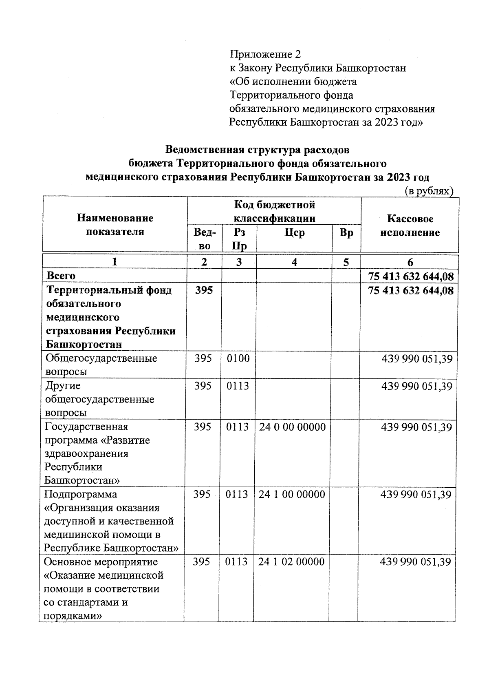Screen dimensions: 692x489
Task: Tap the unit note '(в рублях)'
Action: (429, 191)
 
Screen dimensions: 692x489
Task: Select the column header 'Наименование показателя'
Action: (115, 225)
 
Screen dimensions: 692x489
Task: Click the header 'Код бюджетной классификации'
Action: (274, 211)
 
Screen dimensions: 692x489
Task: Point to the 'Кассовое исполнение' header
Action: (410, 226)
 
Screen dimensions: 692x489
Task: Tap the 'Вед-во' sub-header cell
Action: (204, 239)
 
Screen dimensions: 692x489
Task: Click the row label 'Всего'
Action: (61, 276)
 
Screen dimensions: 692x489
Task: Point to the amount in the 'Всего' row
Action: (410, 276)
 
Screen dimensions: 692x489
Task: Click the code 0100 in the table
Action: (238, 358)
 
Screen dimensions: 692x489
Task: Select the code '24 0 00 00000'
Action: (292, 427)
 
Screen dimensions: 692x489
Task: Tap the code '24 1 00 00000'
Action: (292, 494)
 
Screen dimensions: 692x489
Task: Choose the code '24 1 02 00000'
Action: (291, 562)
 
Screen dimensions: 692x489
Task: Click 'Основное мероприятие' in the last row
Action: (101, 562)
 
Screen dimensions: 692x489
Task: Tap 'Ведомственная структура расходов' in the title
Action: (257, 150)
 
